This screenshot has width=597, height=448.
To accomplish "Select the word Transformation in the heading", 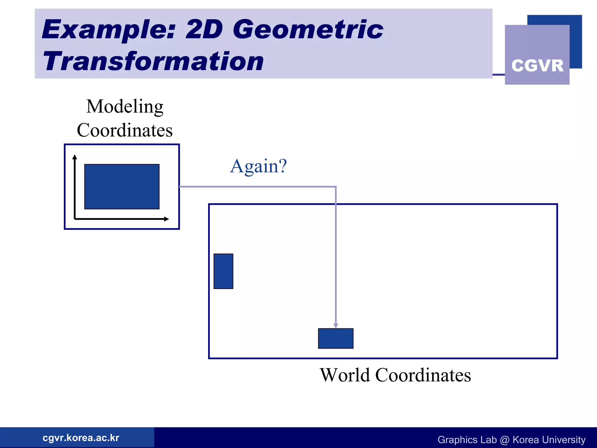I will pyautogui.click(x=153, y=61).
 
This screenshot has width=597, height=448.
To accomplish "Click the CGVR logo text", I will pyautogui.click(x=537, y=66).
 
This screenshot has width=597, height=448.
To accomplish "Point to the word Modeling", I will pyautogui.click(x=125, y=107).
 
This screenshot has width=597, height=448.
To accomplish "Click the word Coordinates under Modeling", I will pyautogui.click(x=125, y=130).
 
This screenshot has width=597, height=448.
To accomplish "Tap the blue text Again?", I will pyautogui.click(x=258, y=166).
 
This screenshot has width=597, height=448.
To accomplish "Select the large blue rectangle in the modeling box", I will pyautogui.click(x=122, y=187).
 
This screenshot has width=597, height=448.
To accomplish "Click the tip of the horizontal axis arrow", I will pyautogui.click(x=168, y=219).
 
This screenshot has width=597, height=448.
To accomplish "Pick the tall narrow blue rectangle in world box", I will pyautogui.click(x=223, y=271).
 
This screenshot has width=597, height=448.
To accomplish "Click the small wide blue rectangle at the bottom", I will pyautogui.click(x=336, y=338).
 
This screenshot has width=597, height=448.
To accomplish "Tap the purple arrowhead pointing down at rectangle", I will pyautogui.click(x=336, y=325).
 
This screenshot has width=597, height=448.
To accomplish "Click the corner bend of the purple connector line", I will pyautogui.click(x=336, y=187).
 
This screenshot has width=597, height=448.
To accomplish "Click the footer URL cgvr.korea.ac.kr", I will pyautogui.click(x=81, y=438).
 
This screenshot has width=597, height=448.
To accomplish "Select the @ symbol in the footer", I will pyautogui.click(x=504, y=440).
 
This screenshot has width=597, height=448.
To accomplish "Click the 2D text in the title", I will pyautogui.click(x=204, y=29).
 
